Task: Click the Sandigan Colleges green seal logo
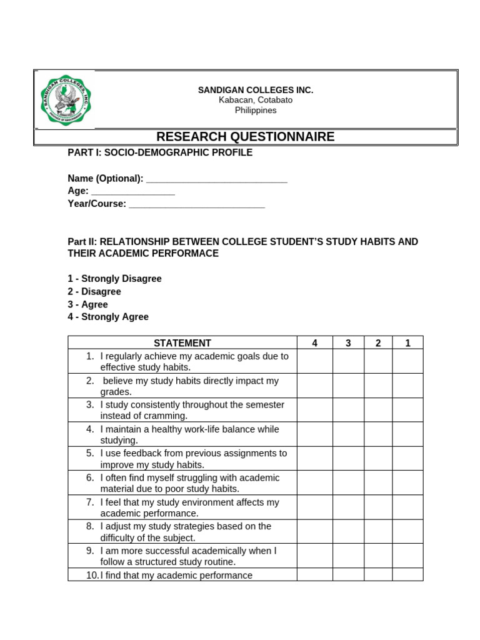[x=64, y=99]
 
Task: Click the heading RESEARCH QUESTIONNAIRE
[x=245, y=137]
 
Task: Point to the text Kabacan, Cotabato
[x=255, y=100]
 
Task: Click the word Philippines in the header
[x=255, y=111]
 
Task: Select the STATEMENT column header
[x=182, y=342]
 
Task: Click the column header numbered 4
[x=314, y=342]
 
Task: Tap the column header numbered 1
[x=407, y=342]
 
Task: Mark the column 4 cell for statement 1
[x=314, y=361]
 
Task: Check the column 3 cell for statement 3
[x=348, y=410]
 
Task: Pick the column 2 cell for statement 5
[x=378, y=459]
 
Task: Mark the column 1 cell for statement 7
[x=407, y=507]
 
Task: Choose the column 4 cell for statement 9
[x=314, y=556]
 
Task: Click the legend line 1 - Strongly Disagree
[x=114, y=279]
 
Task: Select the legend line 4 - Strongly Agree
[x=108, y=317]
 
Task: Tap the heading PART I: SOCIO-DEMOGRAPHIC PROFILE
[x=160, y=153]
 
